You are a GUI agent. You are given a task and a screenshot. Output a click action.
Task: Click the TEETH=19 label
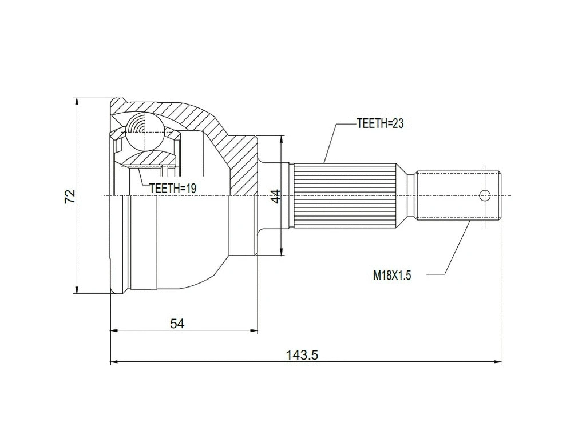pyautogui.click(x=172, y=187)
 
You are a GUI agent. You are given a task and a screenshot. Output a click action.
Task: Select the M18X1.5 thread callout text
pyautogui.click(x=393, y=275)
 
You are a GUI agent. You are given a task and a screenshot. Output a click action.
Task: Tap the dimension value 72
pyautogui.click(x=70, y=197)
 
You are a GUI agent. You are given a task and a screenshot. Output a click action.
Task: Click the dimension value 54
pyautogui.click(x=177, y=324)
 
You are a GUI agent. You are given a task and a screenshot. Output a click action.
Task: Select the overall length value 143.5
pyautogui.click(x=302, y=355)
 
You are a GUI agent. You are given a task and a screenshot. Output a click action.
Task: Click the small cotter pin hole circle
pyautogui.click(x=485, y=195)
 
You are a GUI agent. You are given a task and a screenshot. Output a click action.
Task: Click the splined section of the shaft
pyautogui.click(x=343, y=195)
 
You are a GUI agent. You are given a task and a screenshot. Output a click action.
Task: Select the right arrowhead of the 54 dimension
pyautogui.click(x=255, y=330)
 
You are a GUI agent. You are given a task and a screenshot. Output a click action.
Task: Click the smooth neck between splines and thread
pyautogui.click(x=407, y=195)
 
